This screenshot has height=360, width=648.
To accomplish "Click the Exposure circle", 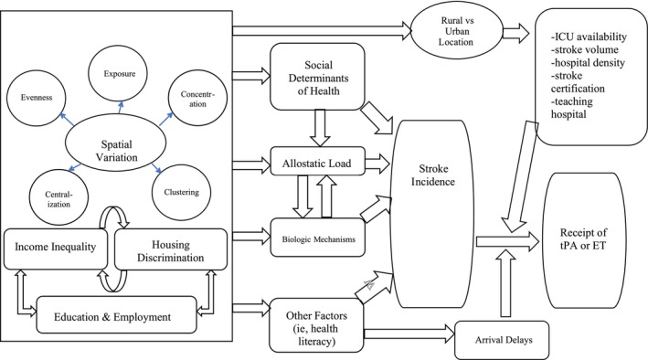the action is tap(119, 74).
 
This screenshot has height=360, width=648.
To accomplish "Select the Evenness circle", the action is tap(37, 98).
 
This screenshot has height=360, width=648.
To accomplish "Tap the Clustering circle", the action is tap(182, 192).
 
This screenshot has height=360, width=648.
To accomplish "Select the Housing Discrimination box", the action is tap(171, 249).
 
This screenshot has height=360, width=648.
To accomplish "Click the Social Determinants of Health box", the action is tap(317, 77).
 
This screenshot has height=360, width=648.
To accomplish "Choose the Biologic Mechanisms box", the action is tap(317, 238).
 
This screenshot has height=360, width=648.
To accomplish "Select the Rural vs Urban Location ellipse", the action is tap(457, 30).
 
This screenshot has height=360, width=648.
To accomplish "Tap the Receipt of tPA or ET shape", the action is tap(583, 240).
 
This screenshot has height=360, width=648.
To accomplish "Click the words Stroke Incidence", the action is tap(432, 175).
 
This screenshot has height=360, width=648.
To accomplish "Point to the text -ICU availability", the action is tap(589, 37).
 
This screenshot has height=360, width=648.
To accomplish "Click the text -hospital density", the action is tap(588, 63).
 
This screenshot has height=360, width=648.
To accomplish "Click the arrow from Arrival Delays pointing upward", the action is tap(505, 282).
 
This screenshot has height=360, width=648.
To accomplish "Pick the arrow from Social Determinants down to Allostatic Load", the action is tap(320, 128).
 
